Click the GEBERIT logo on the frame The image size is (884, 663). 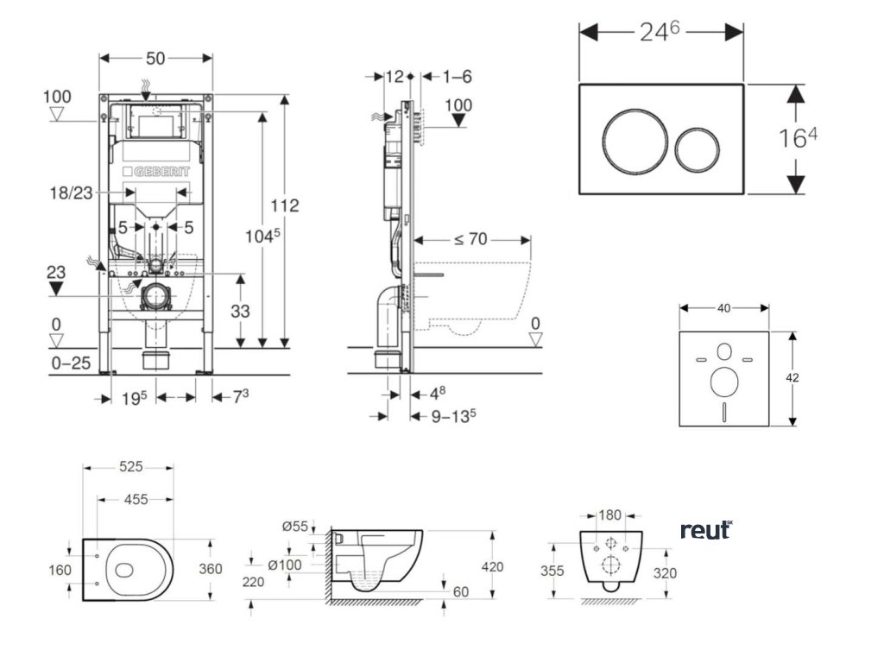coord(156,172)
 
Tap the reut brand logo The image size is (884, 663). coord(706,530)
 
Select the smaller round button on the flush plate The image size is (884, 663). coord(697,149)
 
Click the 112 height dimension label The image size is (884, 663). coord(285,205)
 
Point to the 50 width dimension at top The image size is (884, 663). coord(155,58)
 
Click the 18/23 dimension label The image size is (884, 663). coord(71,193)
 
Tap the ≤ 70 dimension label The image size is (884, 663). coord(470,239)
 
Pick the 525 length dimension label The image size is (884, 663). coord(131,467)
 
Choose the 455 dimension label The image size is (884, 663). coord(136,500)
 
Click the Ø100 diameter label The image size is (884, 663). coord(285,565)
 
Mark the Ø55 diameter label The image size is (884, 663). coord(295,527)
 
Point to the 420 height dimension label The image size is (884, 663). coord(492,566)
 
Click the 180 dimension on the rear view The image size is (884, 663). coord(609,515)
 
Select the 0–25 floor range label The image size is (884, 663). coord(71,363)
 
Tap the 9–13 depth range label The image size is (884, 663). coord(453,417)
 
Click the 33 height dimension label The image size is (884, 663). coord(240,311)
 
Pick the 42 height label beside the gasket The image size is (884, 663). coord(792,378)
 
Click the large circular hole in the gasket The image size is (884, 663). coord(724,382)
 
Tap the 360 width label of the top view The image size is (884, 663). coord(211,569)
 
